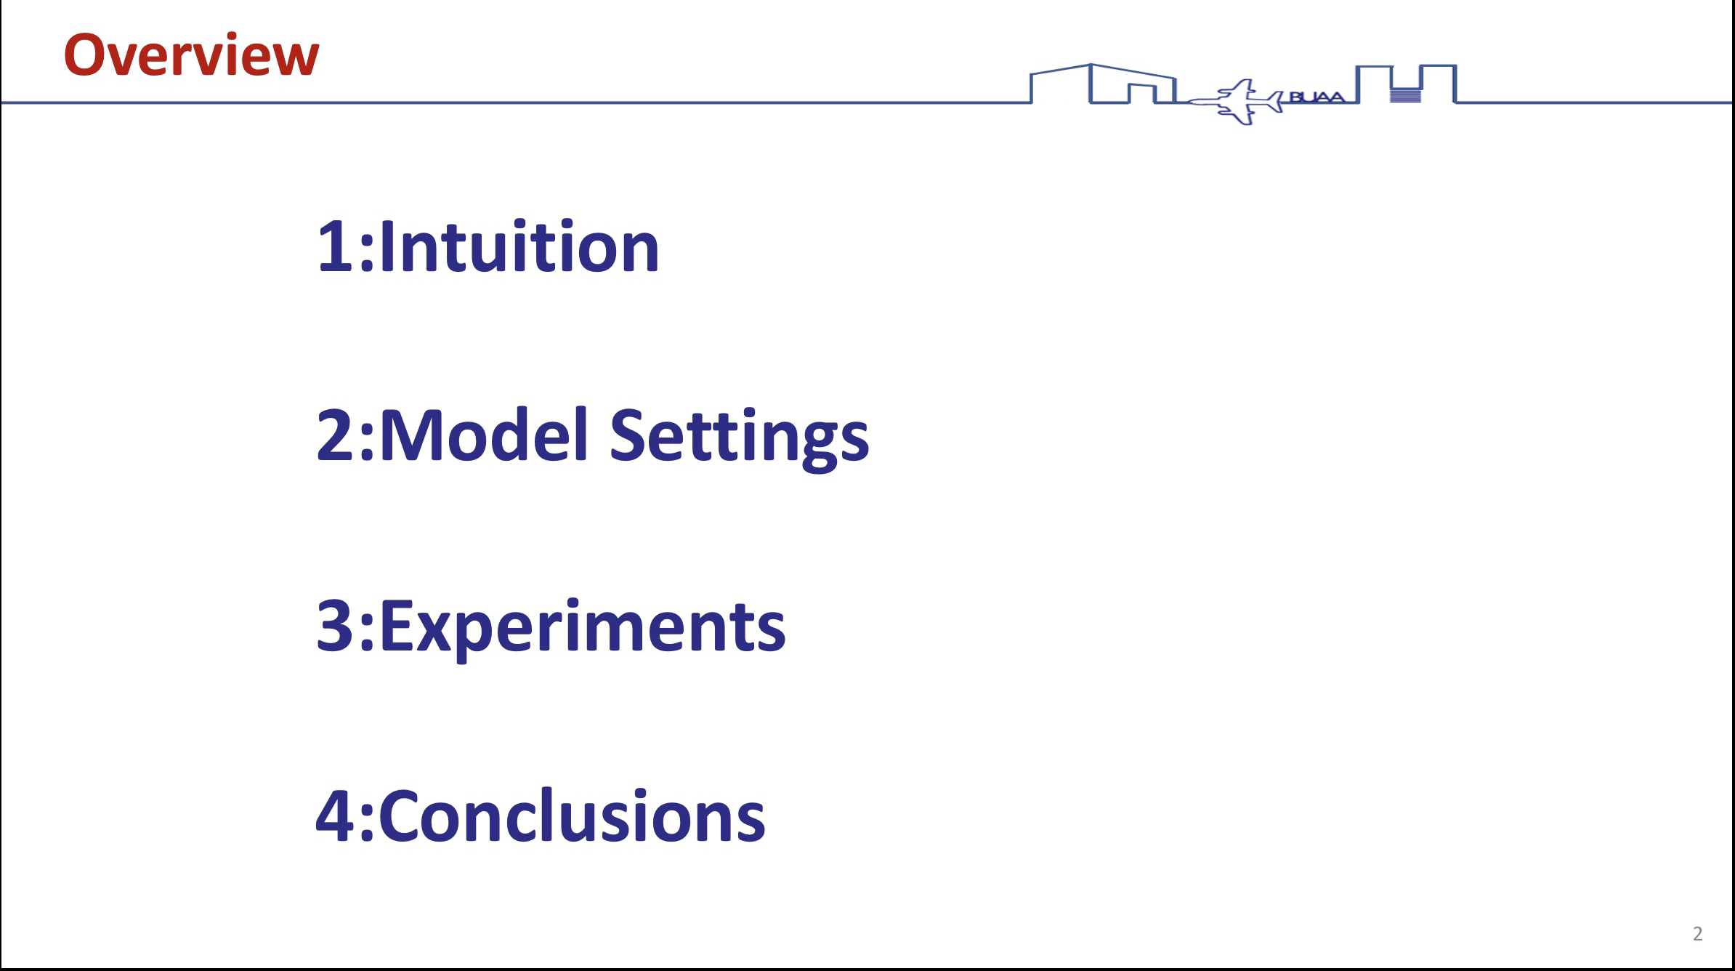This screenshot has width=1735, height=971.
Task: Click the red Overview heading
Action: (191, 55)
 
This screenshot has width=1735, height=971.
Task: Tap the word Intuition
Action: (519, 246)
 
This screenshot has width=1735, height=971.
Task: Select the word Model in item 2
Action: (484, 435)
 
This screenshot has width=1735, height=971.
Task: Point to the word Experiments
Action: (582, 628)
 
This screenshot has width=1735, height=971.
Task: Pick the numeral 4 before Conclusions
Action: (336, 815)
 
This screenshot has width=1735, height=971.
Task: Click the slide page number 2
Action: (1697, 934)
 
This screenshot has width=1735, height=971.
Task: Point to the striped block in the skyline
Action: (1406, 95)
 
